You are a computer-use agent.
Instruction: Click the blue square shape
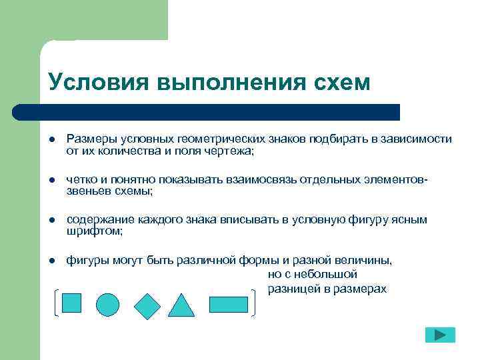pos(71,303)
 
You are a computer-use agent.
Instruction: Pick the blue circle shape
pos(107,305)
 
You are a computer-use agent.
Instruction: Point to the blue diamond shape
pos(147,305)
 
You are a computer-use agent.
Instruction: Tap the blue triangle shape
pos(181,305)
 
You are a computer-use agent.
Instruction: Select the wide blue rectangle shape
pos(228,304)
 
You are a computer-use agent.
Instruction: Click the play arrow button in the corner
pos(439,335)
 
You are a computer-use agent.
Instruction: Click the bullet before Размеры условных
pos(51,139)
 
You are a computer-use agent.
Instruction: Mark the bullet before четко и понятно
pos(51,180)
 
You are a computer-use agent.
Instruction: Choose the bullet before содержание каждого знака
pos(51,220)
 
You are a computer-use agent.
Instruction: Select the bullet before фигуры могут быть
pos(51,261)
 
